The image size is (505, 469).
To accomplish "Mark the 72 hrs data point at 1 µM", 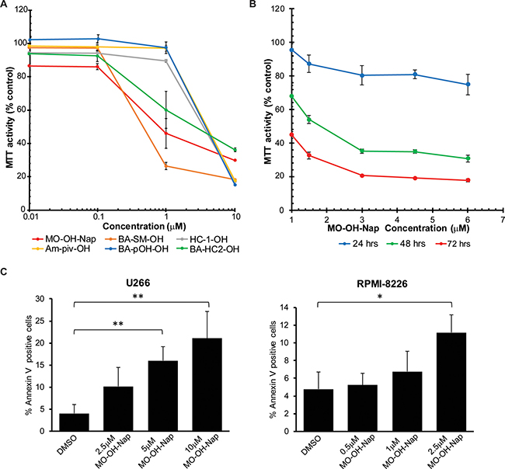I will (291, 134).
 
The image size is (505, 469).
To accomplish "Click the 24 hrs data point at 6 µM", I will (468, 84).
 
